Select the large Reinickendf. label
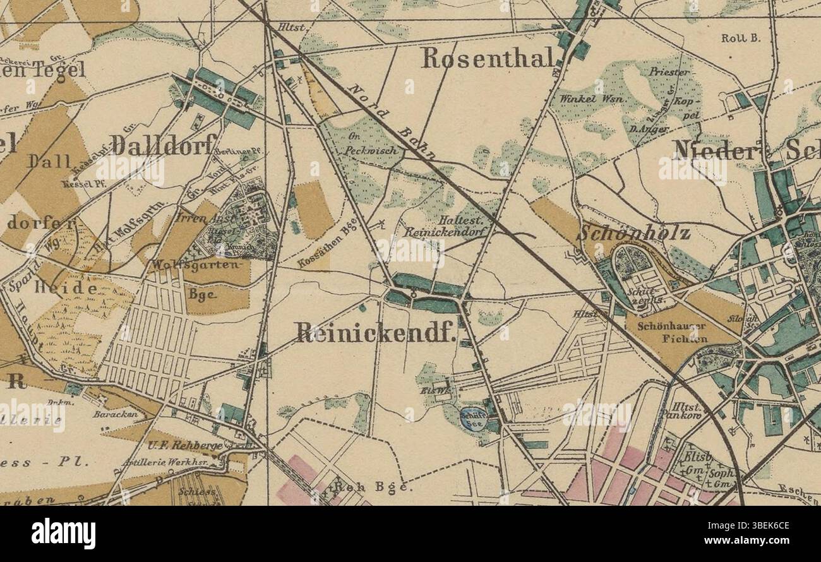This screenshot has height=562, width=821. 375,333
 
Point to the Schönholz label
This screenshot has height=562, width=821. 633,233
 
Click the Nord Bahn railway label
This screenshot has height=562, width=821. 392,121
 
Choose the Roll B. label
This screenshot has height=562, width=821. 741,38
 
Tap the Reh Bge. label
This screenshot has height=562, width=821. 373,487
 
